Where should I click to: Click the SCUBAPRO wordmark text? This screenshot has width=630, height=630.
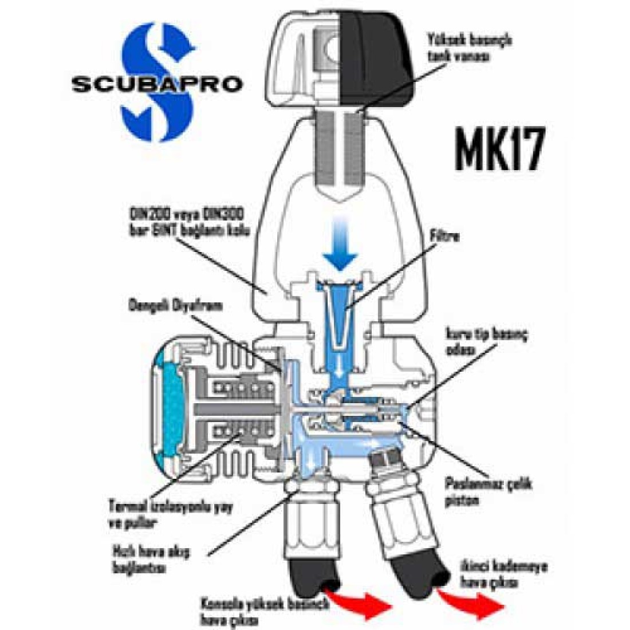[156, 84]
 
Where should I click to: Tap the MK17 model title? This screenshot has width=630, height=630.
[498, 151]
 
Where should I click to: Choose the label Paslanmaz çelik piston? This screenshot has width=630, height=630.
[488, 491]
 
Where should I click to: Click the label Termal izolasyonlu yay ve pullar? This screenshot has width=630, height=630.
[170, 514]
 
